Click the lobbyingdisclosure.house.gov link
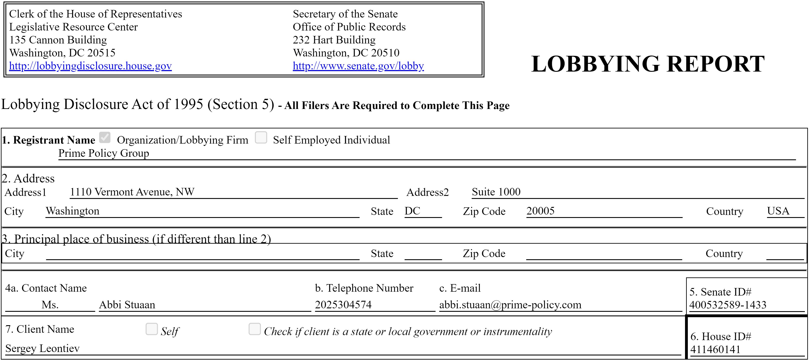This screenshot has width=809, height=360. (90, 66)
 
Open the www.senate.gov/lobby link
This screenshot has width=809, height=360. (358, 66)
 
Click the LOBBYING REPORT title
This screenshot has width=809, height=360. (648, 64)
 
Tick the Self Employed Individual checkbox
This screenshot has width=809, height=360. (261, 138)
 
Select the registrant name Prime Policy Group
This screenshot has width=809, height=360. (104, 153)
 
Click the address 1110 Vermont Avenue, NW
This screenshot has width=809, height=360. (132, 192)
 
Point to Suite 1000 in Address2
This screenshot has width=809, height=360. (496, 192)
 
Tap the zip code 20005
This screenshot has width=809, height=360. (540, 211)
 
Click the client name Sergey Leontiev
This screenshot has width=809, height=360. (42, 348)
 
